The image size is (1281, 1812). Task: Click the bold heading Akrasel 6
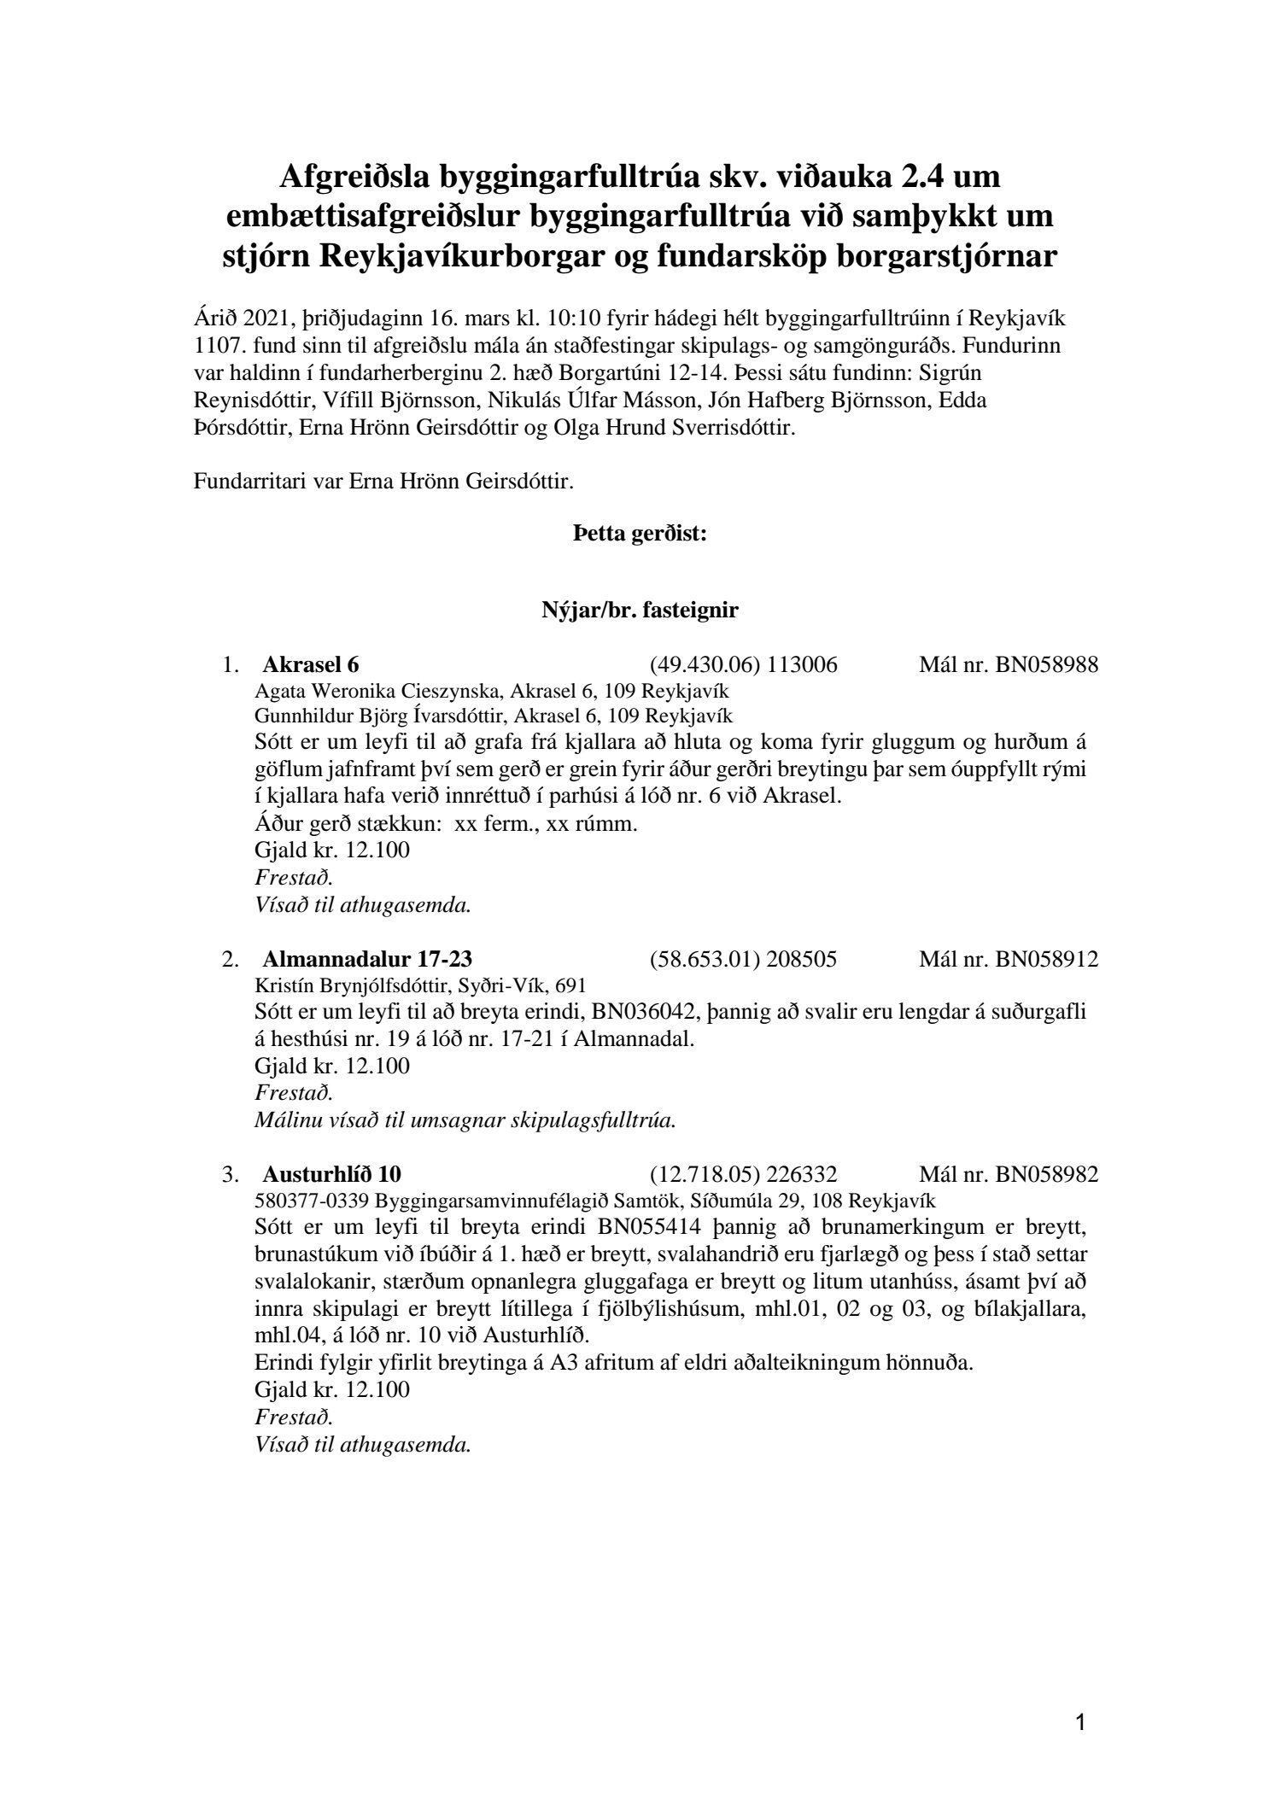316,665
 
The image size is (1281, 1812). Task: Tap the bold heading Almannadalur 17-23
367,960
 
